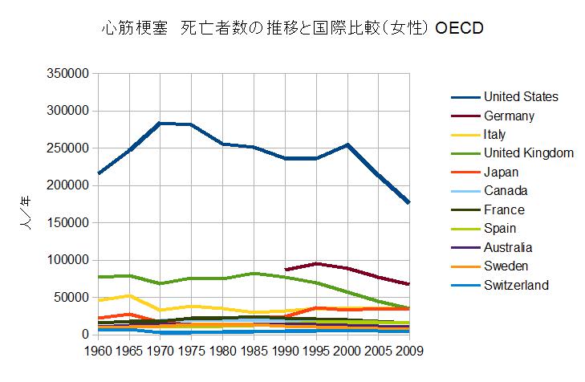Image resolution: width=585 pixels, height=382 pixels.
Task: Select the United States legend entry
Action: [x=520, y=97]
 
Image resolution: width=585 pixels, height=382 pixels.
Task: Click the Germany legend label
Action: [x=508, y=116]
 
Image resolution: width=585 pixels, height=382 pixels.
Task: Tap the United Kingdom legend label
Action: [x=528, y=153]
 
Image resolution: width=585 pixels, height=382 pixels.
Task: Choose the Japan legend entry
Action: [x=501, y=172]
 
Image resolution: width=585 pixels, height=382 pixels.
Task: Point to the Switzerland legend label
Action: [x=516, y=285]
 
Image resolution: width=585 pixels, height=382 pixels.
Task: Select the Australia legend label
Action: [x=507, y=247]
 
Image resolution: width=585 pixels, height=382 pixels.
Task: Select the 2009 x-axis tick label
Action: [x=409, y=351]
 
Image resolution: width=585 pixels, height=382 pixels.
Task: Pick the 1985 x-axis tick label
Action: [x=253, y=351]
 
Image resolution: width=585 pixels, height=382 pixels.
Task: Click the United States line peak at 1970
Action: [x=159, y=123]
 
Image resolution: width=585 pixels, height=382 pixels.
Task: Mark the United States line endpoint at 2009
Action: [x=409, y=203]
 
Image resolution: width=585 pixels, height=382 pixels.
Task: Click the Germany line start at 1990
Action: [x=285, y=270]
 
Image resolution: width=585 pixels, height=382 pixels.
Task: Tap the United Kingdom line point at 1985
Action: [x=253, y=274]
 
